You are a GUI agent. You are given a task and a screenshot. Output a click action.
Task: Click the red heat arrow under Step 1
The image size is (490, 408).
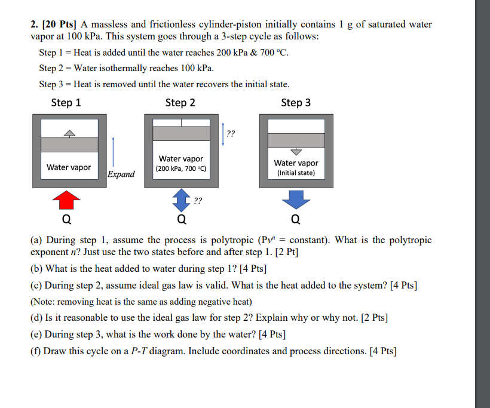[69, 200]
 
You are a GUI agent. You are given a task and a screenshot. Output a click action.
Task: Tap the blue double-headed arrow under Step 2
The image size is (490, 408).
[180, 200]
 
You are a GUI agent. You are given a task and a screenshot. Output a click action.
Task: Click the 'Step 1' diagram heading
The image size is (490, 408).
[66, 103]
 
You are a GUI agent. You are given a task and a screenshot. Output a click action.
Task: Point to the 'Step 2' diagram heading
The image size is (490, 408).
[180, 103]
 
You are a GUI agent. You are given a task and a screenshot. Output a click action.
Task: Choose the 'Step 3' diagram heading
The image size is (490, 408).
[296, 103]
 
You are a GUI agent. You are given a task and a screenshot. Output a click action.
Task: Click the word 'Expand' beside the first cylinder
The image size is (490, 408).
[121, 174]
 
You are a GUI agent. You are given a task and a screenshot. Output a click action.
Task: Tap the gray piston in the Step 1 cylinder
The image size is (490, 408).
[69, 145]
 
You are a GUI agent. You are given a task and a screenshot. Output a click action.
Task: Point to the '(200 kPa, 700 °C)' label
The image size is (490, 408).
[180, 169]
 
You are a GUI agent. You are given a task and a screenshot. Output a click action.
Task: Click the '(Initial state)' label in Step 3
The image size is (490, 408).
[296, 174]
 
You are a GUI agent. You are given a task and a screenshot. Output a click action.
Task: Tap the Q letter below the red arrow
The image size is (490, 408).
[69, 219]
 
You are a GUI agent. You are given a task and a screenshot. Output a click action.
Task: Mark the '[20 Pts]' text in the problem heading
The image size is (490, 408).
[58, 24]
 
